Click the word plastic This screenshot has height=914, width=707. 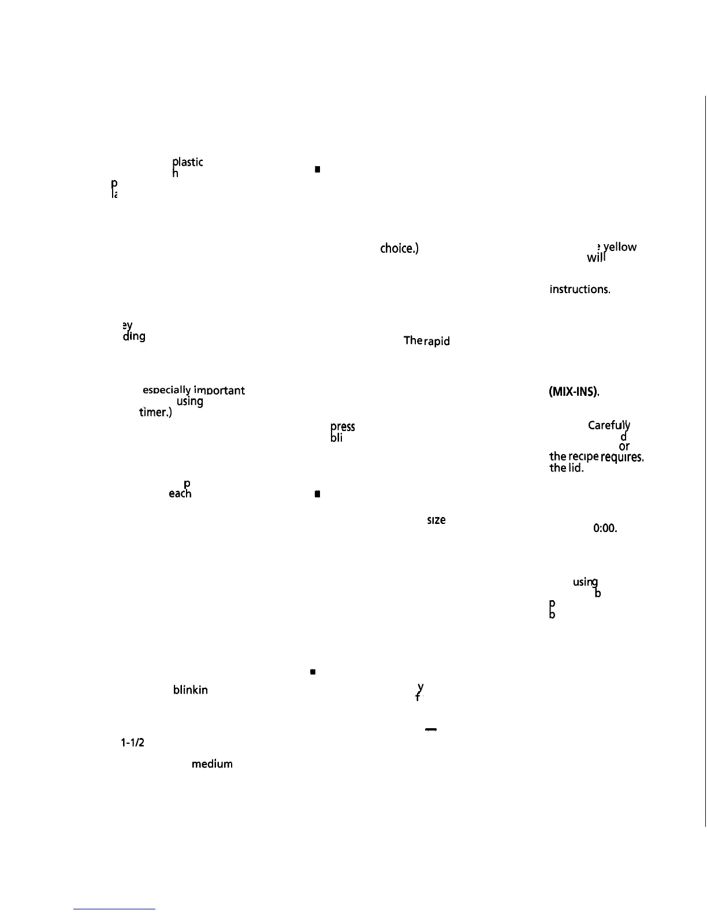click(188, 162)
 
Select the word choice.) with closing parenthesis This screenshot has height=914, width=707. click(399, 248)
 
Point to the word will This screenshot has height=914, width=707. click(596, 257)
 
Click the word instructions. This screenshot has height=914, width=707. click(579, 289)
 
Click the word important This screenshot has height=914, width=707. click(219, 391)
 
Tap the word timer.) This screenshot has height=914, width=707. click(155, 413)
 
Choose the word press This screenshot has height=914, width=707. click(343, 427)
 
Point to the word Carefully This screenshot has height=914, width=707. click(609, 426)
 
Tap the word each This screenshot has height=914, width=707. click(180, 493)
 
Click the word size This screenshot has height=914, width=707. click(436, 520)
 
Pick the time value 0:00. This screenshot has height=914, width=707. click(605, 528)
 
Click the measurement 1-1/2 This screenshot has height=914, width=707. click(132, 743)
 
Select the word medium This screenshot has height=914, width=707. click(212, 764)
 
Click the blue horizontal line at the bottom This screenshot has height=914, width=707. click(114, 909)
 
